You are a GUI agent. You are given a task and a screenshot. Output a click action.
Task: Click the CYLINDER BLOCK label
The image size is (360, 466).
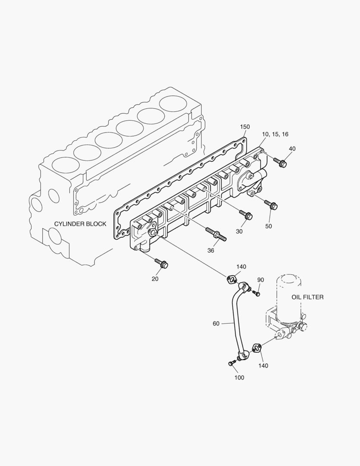click(80, 224)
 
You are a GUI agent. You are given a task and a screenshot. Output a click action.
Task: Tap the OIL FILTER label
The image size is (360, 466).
click(307, 297)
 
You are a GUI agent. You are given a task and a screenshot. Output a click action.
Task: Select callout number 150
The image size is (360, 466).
click(245, 126)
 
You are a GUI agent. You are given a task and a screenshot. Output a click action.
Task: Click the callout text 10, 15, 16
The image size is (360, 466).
click(275, 134)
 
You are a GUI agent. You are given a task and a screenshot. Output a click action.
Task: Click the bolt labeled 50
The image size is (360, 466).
click(271, 205)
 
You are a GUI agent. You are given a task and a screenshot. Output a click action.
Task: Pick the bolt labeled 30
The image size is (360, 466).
click(246, 215)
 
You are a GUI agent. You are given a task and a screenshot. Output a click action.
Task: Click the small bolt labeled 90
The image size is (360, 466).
click(257, 294)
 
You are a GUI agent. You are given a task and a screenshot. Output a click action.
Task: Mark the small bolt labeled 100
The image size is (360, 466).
click(231, 364)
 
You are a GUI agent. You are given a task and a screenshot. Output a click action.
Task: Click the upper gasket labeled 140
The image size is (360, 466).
click(232, 280)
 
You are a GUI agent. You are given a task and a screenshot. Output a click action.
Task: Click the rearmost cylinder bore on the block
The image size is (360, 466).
click(175, 104)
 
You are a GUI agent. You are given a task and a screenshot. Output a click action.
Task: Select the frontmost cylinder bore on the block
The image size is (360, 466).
click(65, 164)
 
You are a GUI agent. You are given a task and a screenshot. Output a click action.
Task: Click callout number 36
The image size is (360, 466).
click(211, 250)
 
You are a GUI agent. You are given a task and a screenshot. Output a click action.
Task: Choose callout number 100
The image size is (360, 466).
click(239, 378)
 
